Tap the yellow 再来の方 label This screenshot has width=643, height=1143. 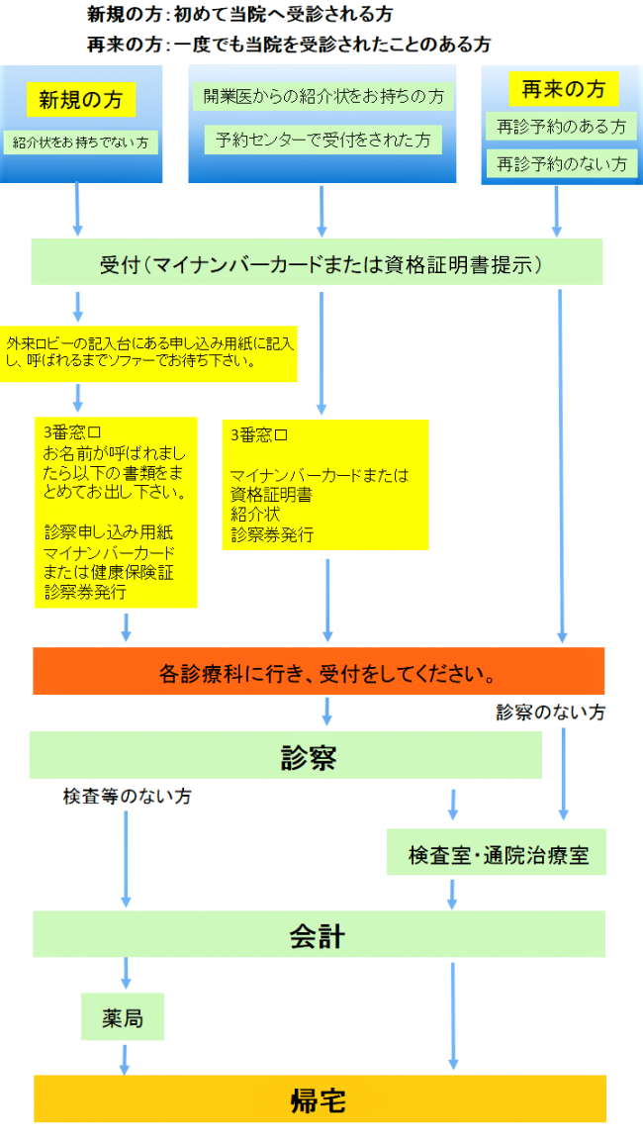pyautogui.click(x=562, y=89)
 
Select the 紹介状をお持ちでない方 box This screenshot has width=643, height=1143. pyautogui.click(x=80, y=143)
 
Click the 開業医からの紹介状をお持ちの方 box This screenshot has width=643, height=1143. pyautogui.click(x=321, y=97)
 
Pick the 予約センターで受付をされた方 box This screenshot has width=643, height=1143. pyautogui.click(x=322, y=140)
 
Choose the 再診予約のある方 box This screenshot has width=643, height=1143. pyautogui.click(x=561, y=127)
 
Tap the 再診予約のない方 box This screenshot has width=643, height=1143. pyautogui.click(x=561, y=162)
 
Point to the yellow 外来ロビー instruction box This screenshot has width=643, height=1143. pyautogui.click(x=148, y=352)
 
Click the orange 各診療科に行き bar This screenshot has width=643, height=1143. pyautogui.click(x=318, y=673)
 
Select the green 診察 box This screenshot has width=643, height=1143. pyautogui.click(x=285, y=757)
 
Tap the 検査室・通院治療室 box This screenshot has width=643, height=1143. pyautogui.click(x=497, y=855)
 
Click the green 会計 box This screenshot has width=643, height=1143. pyautogui.click(x=318, y=934)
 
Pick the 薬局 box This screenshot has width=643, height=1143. pyautogui.click(x=122, y=1018)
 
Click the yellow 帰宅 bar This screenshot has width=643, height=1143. pyautogui.click(x=318, y=1098)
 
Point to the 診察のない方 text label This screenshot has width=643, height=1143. pyautogui.click(x=550, y=712)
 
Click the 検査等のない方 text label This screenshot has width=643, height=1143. pyautogui.click(x=128, y=797)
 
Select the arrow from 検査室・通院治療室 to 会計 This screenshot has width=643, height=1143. pyautogui.click(x=452, y=893)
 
